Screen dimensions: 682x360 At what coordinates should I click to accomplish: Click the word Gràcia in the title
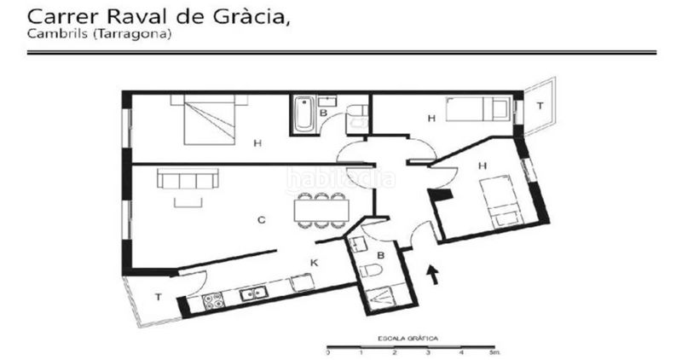click(251, 17)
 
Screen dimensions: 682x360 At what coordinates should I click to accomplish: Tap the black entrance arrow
click(432, 275)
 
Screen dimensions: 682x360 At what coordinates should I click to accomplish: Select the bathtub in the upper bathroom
click(303, 114)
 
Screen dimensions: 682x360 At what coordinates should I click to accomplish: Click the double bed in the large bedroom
click(209, 119)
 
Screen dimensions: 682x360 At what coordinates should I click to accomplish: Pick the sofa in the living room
click(188, 178)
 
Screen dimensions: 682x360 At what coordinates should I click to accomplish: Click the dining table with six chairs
click(321, 210)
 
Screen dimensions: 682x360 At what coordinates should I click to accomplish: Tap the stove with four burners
click(213, 301)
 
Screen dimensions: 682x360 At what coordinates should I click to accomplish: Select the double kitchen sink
click(253, 293)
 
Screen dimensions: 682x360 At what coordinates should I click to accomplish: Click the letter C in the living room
click(261, 220)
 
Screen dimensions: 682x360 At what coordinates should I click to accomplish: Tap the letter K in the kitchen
click(314, 263)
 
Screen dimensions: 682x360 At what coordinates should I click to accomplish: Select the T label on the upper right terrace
click(540, 105)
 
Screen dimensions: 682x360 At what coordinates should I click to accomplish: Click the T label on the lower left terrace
click(159, 297)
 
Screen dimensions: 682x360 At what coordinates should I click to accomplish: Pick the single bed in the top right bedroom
click(477, 109)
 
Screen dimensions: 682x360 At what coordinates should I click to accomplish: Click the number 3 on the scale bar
click(428, 352)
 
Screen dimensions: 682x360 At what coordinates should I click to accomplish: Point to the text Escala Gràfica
click(407, 338)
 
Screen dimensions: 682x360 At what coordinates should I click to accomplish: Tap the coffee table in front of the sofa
click(188, 202)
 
